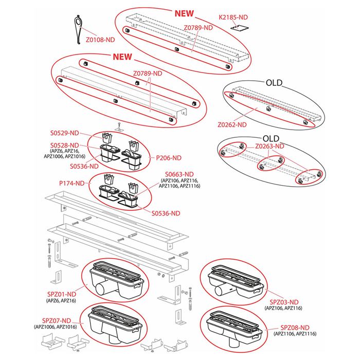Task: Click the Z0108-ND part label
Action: coord(100,39)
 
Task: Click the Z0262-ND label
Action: coord(232,124)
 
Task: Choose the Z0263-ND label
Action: coord(269,147)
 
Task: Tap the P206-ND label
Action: coord(169,158)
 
